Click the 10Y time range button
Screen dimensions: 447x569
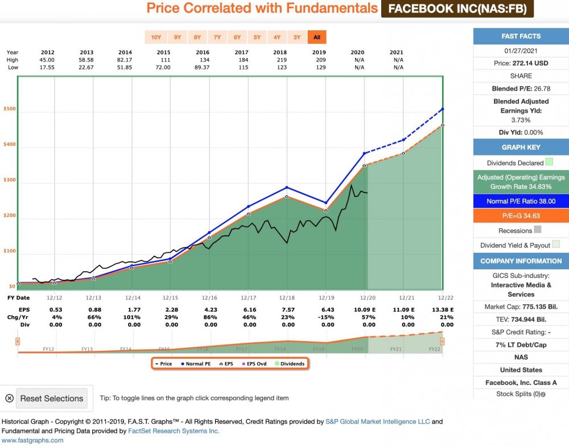click(x=155, y=38)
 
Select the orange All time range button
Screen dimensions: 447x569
click(x=317, y=38)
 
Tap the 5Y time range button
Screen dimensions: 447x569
click(x=257, y=38)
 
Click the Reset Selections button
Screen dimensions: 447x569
click(x=51, y=399)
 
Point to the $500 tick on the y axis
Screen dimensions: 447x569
click(x=9, y=109)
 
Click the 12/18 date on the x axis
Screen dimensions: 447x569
click(x=287, y=298)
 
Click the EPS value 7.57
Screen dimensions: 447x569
click(x=287, y=309)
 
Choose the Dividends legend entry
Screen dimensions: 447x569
click(x=291, y=364)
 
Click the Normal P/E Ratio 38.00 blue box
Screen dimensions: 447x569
click(x=521, y=201)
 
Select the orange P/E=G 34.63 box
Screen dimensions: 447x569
click(x=521, y=216)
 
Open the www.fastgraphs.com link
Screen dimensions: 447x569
click(x=32, y=440)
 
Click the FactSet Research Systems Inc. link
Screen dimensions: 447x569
click(x=173, y=431)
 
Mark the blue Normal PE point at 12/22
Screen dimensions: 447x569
click(x=442, y=109)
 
